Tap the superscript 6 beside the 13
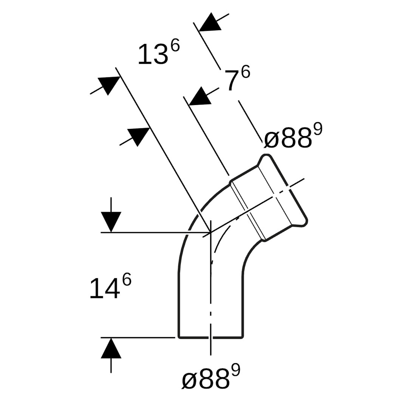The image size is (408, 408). coord(175,46)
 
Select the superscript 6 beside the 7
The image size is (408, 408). coord(246,71)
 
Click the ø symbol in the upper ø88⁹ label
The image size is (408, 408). coord(272,139)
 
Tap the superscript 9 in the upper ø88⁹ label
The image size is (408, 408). coord(318,129)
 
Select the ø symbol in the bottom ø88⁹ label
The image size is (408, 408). coord(190,380)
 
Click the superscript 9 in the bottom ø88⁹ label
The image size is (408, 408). coord(236,370)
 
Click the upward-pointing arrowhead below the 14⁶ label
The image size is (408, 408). coord(111,348)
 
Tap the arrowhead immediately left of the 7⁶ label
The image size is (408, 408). coord(200,96)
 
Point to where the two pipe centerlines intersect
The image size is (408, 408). coord(210,232)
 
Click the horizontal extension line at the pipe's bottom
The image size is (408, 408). coord(138,337)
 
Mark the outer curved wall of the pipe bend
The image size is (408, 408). coord(194,219)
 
